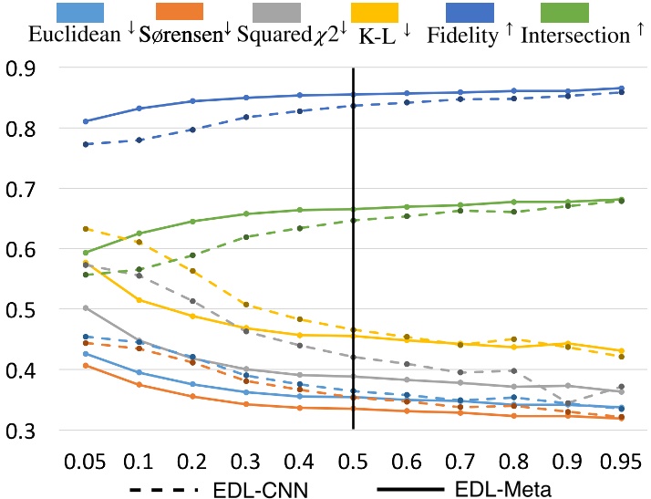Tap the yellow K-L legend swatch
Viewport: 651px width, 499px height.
coord(373,13)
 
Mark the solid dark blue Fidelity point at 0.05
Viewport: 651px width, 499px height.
coord(86,121)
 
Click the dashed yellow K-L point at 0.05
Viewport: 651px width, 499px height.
coord(86,229)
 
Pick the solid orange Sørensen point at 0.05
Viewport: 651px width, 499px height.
coord(86,366)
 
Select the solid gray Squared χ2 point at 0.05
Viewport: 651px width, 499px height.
coord(86,308)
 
